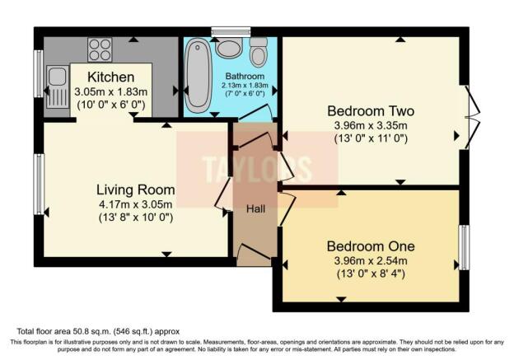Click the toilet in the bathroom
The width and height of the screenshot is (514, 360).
259,51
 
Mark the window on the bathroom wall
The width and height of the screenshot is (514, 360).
223,32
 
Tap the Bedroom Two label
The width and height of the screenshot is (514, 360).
370,111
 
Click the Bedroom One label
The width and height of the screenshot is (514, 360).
370,246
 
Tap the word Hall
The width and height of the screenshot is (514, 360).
255,209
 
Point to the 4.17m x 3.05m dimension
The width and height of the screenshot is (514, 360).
133,204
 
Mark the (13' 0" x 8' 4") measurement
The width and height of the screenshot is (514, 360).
370,274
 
